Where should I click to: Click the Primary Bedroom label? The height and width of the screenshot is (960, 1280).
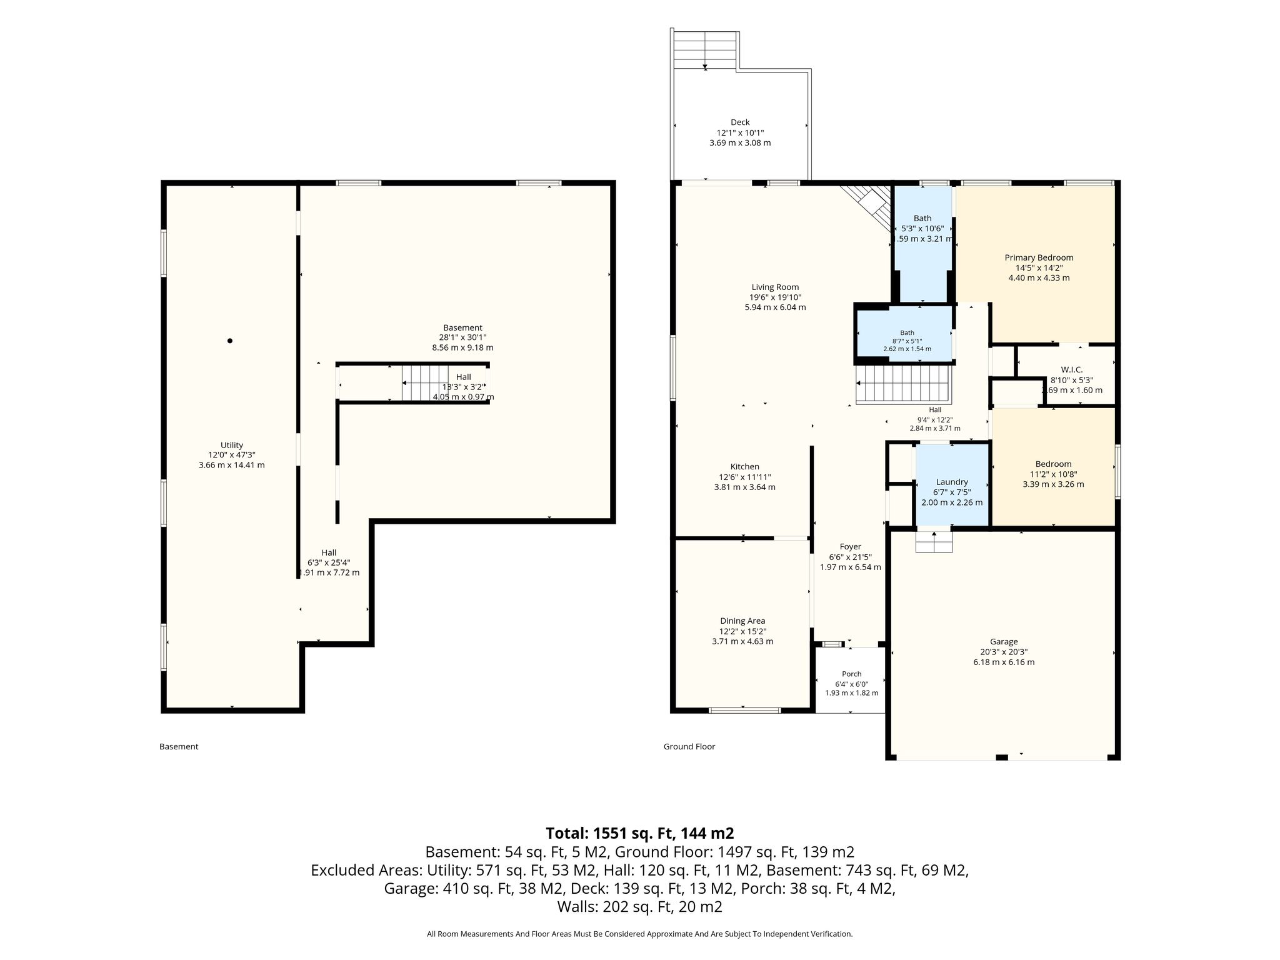pos(1039,257)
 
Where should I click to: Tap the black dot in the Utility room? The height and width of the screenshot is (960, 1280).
pos(230,341)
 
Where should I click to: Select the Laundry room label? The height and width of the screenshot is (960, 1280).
pos(952,482)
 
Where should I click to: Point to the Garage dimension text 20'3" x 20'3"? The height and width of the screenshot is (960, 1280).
pos(1004,652)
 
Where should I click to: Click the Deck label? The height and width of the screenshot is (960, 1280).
pos(740,122)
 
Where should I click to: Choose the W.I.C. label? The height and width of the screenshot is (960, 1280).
pos(1071,370)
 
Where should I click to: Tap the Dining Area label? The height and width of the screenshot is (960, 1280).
pos(742,621)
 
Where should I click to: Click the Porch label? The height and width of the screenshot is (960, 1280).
pos(852,674)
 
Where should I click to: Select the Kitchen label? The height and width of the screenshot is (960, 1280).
pos(745,467)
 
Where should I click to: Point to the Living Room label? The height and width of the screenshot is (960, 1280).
pos(775,287)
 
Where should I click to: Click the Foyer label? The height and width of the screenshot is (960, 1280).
pos(851,547)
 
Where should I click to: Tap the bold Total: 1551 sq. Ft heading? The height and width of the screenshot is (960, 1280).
pos(640,833)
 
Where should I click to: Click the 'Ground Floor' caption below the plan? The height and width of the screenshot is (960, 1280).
pos(689,746)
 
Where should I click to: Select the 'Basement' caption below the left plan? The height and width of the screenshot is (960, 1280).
pos(179,746)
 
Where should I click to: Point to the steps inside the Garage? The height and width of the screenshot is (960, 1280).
pos(934,541)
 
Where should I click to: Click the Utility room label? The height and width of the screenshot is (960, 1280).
pos(231,445)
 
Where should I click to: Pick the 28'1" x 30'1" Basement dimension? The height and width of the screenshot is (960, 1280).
pos(462,337)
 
